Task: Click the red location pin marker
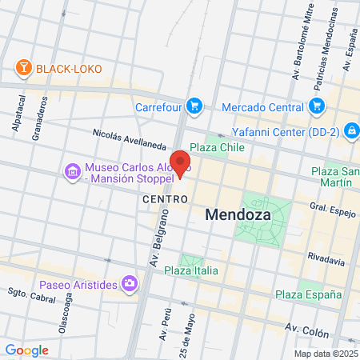click(181, 163)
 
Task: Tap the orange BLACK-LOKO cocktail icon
click(25, 68)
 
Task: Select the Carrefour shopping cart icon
click(194, 105)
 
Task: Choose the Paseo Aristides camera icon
click(128, 283)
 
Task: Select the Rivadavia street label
click(326, 261)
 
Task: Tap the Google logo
click(26, 350)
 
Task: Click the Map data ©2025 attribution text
click(324, 353)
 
